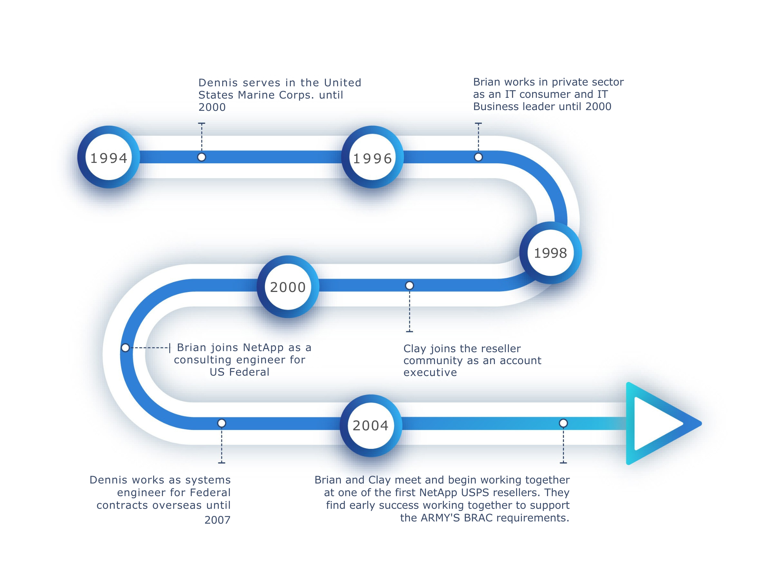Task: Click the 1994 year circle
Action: click(x=109, y=157)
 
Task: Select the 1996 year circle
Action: click(x=372, y=157)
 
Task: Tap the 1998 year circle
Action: click(x=551, y=253)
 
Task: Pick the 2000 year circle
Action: click(x=288, y=287)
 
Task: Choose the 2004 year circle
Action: click(x=371, y=425)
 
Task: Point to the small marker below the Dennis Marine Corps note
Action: click(x=202, y=157)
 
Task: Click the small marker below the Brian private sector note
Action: click(x=478, y=157)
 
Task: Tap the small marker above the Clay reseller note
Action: click(x=410, y=286)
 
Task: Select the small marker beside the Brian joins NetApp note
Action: click(x=126, y=348)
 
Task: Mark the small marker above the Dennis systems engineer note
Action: click(x=222, y=423)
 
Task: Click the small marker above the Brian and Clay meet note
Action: click(x=564, y=423)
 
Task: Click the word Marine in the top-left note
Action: click(x=257, y=95)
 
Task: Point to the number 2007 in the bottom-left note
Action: click(x=218, y=520)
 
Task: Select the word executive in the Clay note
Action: click(x=430, y=372)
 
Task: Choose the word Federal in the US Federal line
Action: click(x=249, y=372)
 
